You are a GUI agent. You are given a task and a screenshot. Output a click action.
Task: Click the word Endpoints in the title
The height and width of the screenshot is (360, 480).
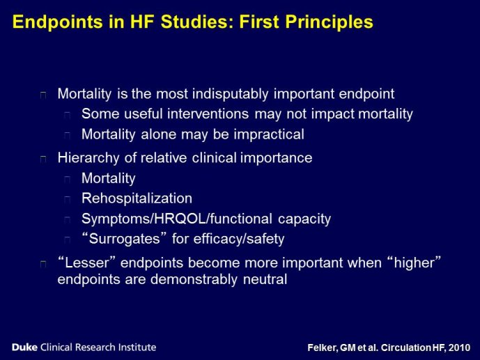coord(58,22)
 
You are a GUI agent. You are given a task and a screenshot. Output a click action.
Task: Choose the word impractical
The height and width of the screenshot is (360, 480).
coord(269,134)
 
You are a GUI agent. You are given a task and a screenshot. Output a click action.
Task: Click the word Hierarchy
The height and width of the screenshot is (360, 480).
coord(88,158)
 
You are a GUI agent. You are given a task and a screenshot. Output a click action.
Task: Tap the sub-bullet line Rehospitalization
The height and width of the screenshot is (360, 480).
coord(137,198)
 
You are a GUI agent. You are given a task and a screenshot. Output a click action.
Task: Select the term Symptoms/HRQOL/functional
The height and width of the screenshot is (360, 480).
coord(177,219)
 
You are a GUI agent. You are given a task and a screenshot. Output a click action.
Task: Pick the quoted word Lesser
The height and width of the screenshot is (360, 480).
coord(88,263)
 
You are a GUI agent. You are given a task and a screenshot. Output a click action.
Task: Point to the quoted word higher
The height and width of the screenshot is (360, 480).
coord(415,263)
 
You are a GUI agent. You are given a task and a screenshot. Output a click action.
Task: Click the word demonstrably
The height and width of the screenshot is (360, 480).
coord(194,279)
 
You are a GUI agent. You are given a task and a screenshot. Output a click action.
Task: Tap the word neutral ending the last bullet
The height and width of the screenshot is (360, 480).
coord(265,279)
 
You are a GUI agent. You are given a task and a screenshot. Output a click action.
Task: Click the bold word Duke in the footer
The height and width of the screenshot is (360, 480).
coord(25,347)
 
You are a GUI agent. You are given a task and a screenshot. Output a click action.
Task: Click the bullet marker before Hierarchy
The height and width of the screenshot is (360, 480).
coord(43,159)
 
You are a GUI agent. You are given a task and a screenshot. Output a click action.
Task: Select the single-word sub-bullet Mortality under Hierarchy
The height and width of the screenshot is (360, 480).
coord(109,178)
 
